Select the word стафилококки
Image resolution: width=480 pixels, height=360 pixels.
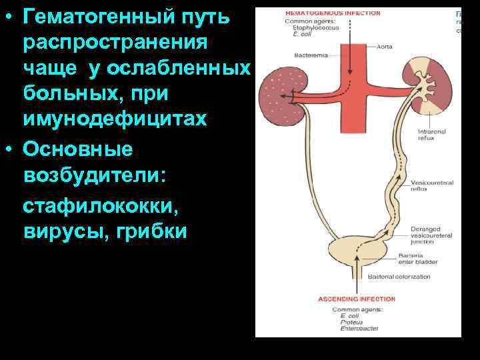(100, 209)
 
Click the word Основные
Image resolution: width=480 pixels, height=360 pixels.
(77, 149)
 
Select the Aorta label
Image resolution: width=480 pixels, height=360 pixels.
(384, 47)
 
